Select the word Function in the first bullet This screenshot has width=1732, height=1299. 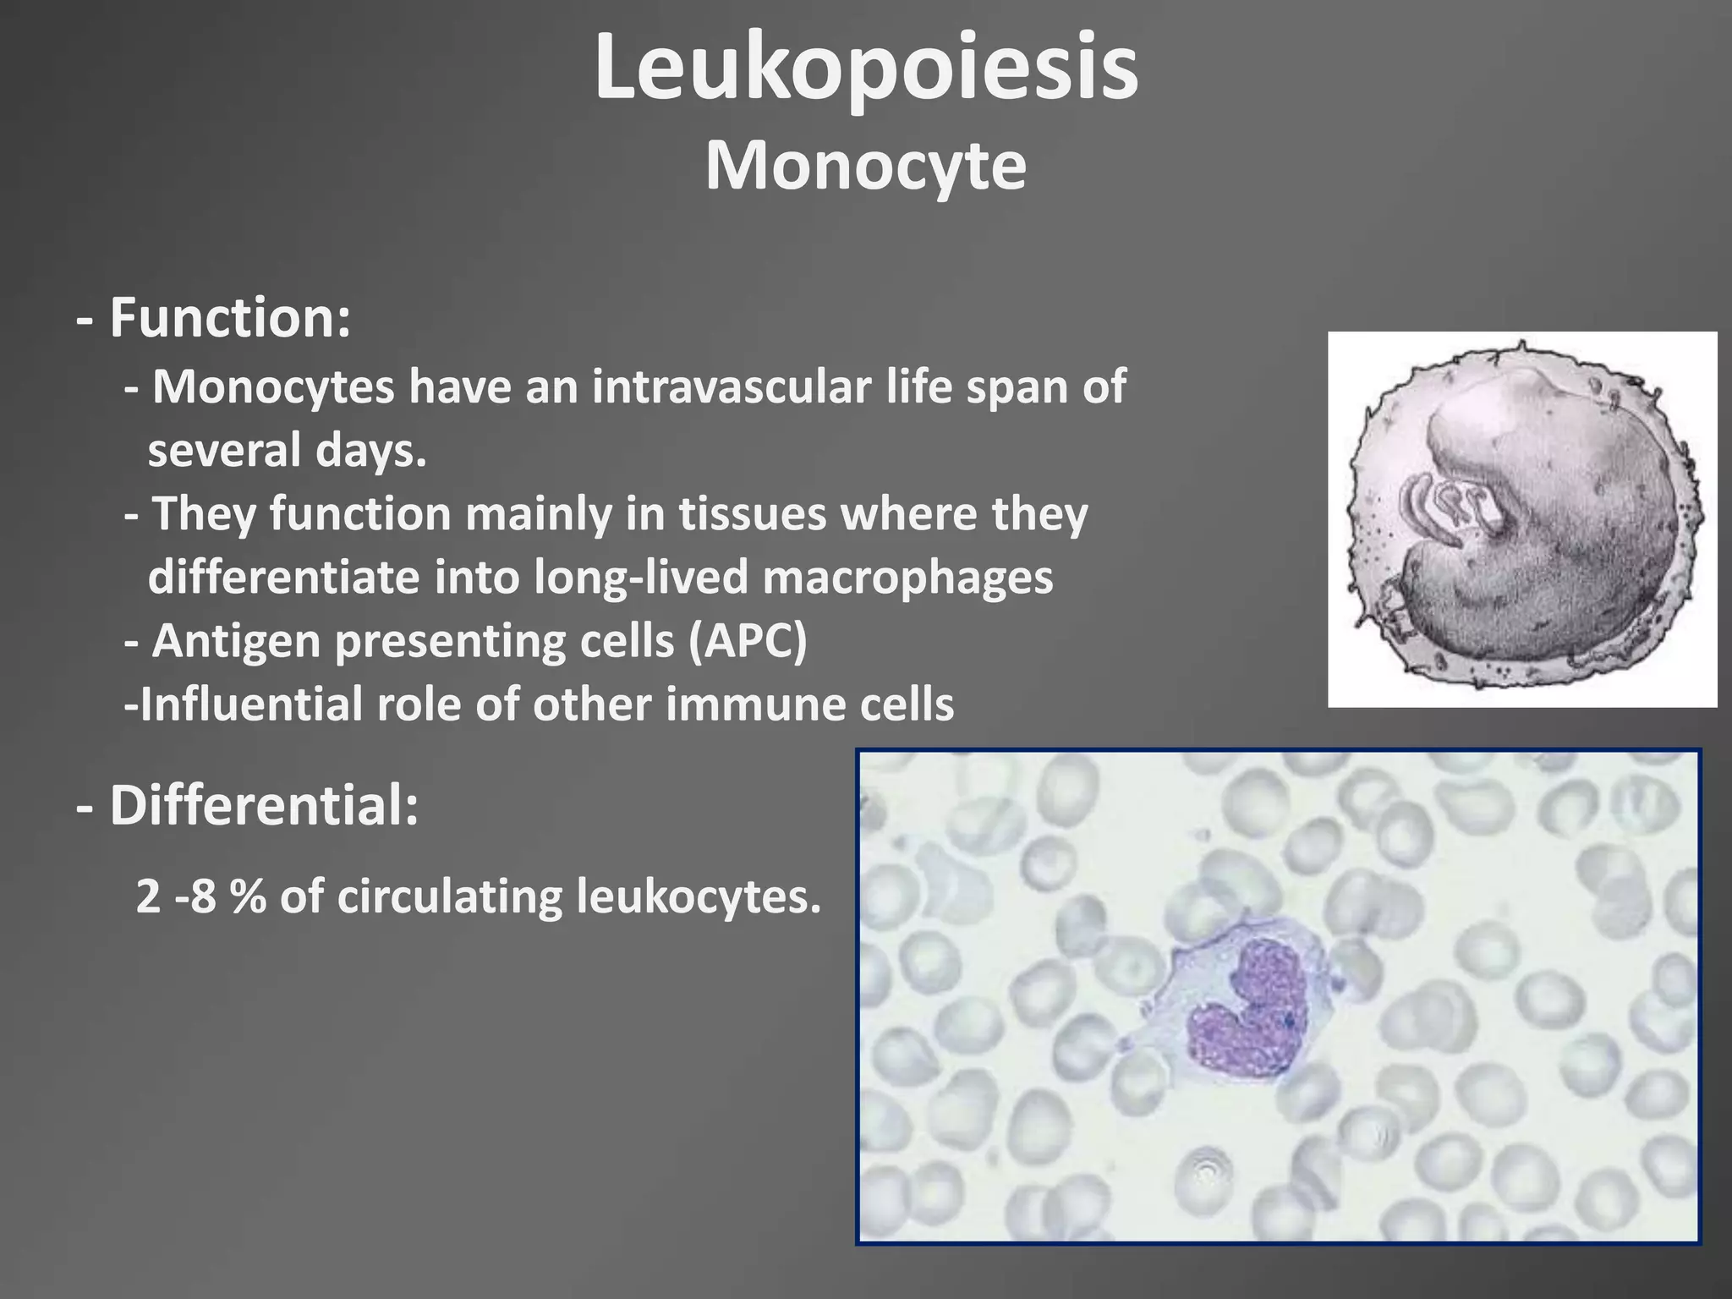(x=228, y=318)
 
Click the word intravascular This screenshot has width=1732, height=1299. (x=731, y=387)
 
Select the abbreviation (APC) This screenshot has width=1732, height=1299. (x=748, y=641)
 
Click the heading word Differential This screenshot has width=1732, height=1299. (x=263, y=805)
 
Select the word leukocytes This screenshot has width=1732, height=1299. (x=699, y=896)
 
